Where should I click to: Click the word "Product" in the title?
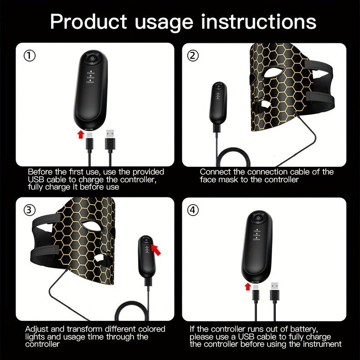[88, 21]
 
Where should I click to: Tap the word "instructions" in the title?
[258, 21]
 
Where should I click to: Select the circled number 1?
[30, 56]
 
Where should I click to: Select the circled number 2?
[193, 56]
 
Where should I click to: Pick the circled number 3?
[30, 210]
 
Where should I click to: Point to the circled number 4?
[193, 210]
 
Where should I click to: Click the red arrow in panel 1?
[81, 134]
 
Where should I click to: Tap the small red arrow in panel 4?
[247, 286]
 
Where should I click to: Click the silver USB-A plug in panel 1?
[110, 134]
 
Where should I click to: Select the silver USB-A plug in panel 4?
[275, 286]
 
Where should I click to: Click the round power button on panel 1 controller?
[92, 57]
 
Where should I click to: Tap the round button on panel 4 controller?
[258, 218]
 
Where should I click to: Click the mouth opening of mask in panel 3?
[99, 258]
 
